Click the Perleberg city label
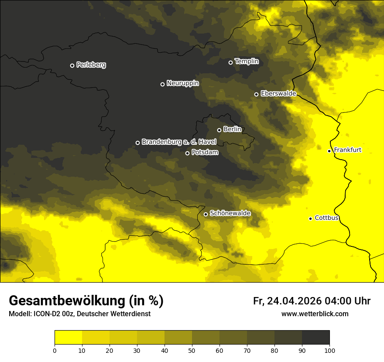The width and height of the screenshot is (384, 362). pyautogui.click(x=91, y=65)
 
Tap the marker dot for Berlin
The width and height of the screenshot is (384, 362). pyautogui.click(x=219, y=130)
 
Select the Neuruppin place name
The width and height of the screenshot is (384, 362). pyautogui.click(x=182, y=83)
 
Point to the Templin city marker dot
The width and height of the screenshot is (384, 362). pyautogui.click(x=231, y=62)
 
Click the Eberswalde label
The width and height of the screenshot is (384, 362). pyautogui.click(x=278, y=93)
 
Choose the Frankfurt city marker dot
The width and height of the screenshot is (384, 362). pyautogui.click(x=329, y=151)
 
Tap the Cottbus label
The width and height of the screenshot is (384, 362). pyautogui.click(x=326, y=218)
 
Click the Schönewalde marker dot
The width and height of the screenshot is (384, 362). pyautogui.click(x=206, y=214)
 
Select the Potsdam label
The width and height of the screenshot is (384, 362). pyautogui.click(x=205, y=153)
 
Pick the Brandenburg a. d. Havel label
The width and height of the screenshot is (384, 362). pyautogui.click(x=179, y=142)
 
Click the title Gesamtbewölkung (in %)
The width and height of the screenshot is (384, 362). pyautogui.click(x=86, y=301)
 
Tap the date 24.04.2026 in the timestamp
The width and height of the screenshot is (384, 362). pyautogui.click(x=294, y=301)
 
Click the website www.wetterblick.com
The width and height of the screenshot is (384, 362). pyautogui.click(x=315, y=314)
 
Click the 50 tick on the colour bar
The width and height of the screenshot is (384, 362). pyautogui.click(x=192, y=350)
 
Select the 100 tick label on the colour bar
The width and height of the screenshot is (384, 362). pyautogui.click(x=329, y=350)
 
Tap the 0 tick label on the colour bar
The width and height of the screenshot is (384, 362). pyautogui.click(x=55, y=350)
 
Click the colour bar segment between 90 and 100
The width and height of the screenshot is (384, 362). pyautogui.click(x=315, y=337)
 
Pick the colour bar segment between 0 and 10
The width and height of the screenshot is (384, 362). pyautogui.click(x=68, y=337)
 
